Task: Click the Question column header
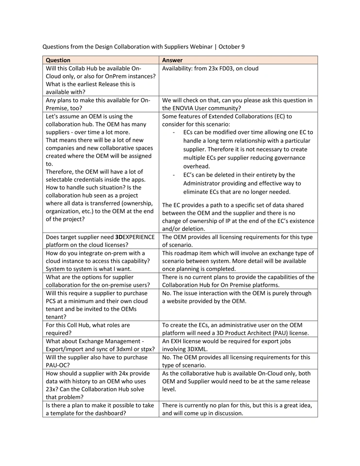pyautogui.click(x=58, y=60)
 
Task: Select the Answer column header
pyautogui.click(x=172, y=60)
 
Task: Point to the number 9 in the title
pyautogui.click(x=243, y=47)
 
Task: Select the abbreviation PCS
pyautogui.click(x=52, y=301)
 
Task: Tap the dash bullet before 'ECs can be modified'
pyautogui.click(x=174, y=133)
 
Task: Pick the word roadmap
pyautogui.click(x=190, y=253)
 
